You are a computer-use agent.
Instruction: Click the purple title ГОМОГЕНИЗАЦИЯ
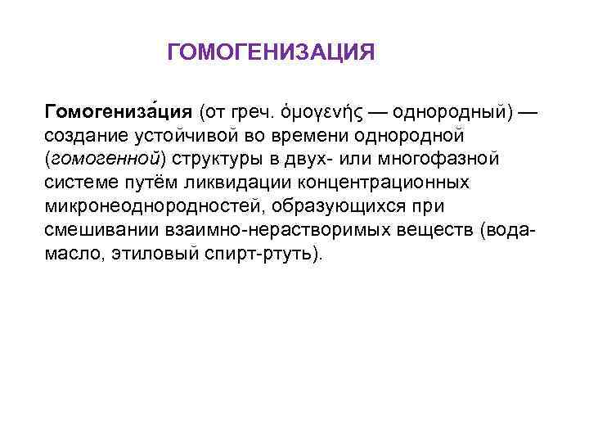271,53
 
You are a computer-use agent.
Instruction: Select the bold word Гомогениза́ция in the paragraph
119,110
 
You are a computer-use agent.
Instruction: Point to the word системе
80,180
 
